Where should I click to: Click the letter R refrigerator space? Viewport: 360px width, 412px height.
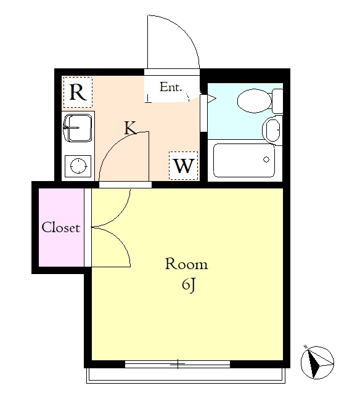coord(78,92)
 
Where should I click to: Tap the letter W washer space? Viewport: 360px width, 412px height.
coord(183,166)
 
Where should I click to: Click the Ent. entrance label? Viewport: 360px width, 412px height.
coord(171,87)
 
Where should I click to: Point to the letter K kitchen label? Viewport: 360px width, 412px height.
coord(131,127)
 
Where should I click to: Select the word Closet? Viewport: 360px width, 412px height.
coord(61,227)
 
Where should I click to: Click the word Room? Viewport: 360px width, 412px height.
coord(186,264)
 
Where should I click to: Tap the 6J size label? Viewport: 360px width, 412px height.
coord(189,285)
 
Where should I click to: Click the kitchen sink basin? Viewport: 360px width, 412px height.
coord(78,128)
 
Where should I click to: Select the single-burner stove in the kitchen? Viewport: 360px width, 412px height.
coord(78,166)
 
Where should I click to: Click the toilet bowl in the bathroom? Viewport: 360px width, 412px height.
coord(255,101)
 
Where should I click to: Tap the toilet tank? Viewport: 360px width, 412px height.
coord(277,101)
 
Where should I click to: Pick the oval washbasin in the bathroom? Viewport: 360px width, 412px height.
coord(272,130)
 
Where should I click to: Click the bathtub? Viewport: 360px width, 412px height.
coord(244,160)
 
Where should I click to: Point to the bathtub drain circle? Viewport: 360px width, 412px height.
coord(266,160)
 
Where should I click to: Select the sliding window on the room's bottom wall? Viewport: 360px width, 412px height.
coord(178,364)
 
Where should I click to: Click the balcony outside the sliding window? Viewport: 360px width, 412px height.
coord(186,376)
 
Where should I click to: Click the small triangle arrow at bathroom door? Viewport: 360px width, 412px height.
coord(211,99)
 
